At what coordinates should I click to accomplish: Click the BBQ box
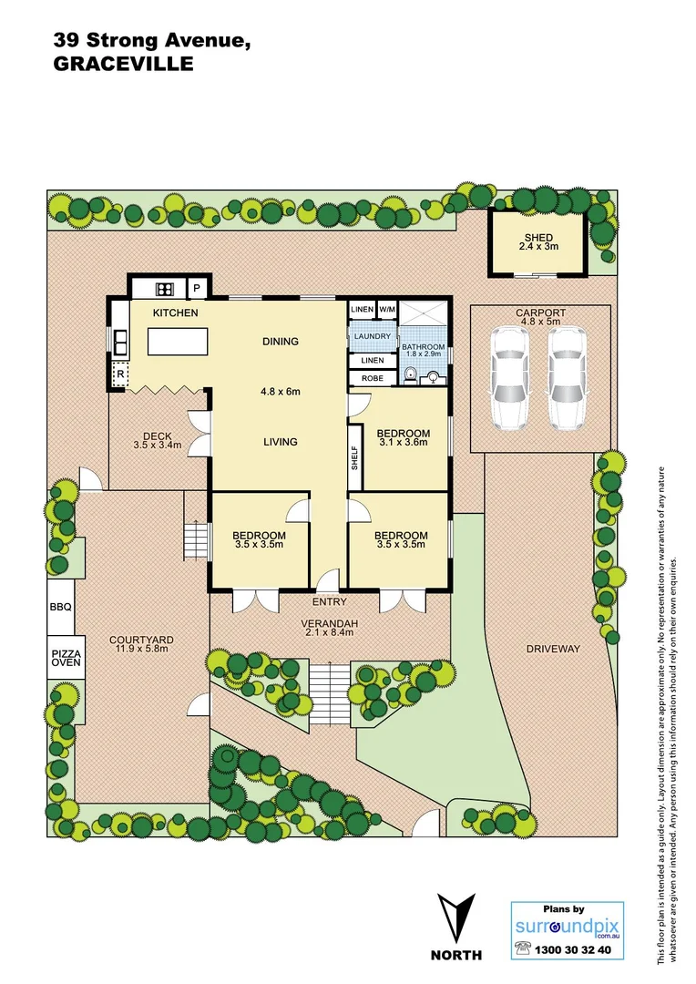coord(61,606)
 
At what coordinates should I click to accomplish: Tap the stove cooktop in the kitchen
coord(165,290)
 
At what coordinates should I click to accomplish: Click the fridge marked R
coord(118,374)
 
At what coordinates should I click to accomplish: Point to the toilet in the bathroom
coord(412,374)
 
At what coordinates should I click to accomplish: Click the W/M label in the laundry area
coord(386,310)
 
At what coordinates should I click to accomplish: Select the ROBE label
coord(372,377)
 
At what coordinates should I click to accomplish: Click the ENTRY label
coord(329,602)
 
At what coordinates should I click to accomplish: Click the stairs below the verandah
coord(332,694)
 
